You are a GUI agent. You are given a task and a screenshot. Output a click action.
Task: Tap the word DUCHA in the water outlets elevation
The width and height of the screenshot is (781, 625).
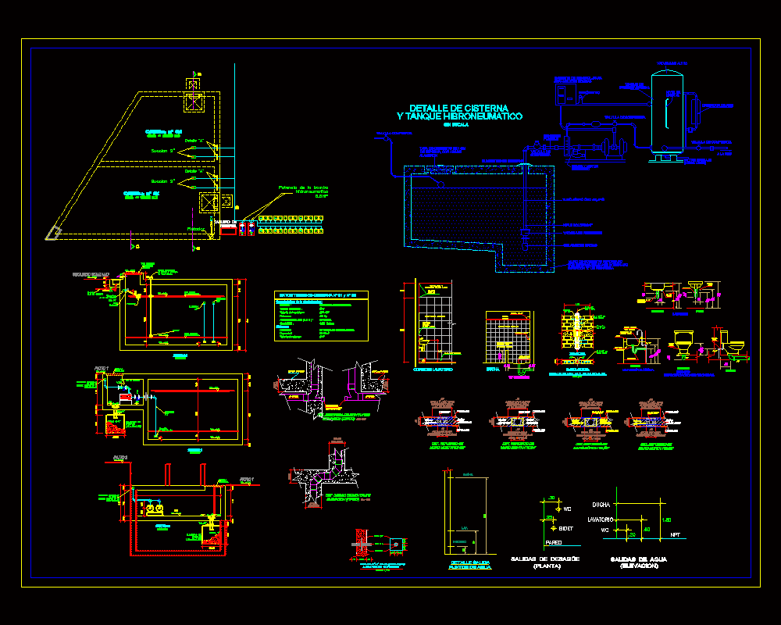pyautogui.click(x=601, y=505)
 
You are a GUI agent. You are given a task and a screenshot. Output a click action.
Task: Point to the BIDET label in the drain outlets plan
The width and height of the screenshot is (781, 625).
pyautogui.click(x=566, y=529)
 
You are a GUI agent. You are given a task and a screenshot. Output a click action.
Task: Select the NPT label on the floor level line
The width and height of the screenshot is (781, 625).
pyautogui.click(x=676, y=535)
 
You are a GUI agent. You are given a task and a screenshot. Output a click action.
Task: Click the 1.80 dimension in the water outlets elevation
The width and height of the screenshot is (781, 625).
pyautogui.click(x=666, y=520)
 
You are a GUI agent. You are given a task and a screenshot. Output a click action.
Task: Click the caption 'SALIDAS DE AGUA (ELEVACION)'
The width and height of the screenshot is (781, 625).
pyautogui.click(x=640, y=562)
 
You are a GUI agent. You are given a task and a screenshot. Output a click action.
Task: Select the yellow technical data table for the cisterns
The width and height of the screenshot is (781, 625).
pyautogui.click(x=320, y=316)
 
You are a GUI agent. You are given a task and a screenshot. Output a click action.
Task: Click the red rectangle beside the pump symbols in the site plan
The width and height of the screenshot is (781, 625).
pyautogui.click(x=227, y=228)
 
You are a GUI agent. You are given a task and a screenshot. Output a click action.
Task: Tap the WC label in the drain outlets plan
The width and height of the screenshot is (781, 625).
pyautogui.click(x=567, y=509)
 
